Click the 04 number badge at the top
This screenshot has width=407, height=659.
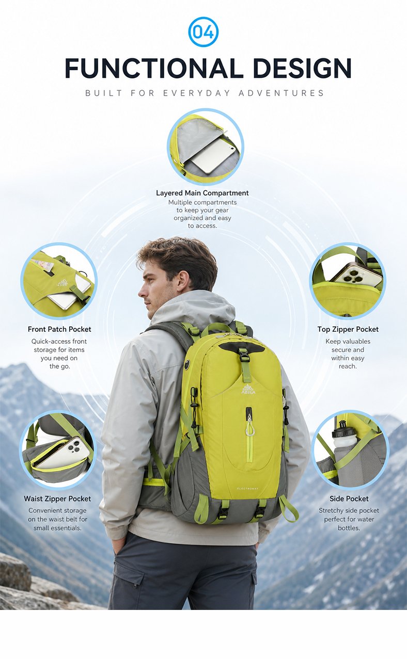203,32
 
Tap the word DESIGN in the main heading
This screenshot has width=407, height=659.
302,68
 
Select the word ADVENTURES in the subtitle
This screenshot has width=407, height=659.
281,93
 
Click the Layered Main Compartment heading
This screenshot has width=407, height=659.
202,193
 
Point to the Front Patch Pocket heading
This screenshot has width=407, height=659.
59,329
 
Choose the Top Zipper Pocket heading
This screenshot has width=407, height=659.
348,329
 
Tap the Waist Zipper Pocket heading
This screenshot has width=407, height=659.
57,499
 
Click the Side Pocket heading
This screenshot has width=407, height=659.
349,499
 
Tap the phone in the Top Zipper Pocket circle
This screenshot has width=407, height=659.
356,277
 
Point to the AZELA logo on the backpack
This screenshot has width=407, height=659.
248,389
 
